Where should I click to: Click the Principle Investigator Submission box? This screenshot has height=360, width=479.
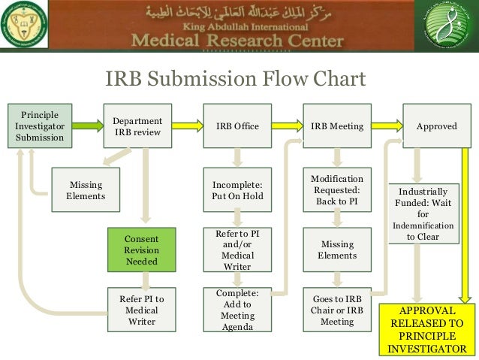(x=40, y=126)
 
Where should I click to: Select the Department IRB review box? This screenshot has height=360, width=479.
(x=137, y=126)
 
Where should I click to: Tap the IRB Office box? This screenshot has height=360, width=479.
(x=237, y=126)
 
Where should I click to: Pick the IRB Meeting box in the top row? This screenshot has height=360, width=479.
(x=337, y=126)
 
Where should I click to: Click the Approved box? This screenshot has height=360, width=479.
(x=436, y=126)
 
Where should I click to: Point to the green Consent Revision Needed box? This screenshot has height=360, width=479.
(x=141, y=250)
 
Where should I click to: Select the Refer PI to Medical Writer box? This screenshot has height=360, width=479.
(x=141, y=310)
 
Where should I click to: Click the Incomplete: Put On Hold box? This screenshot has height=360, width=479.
(x=237, y=190)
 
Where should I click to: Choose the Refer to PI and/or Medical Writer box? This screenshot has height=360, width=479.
(x=237, y=250)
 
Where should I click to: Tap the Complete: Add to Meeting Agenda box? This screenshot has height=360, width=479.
(x=237, y=310)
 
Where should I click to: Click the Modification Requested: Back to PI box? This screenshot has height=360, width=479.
(x=337, y=190)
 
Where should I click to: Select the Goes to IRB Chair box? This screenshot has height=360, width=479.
(x=337, y=310)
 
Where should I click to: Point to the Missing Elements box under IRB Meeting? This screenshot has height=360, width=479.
(x=337, y=250)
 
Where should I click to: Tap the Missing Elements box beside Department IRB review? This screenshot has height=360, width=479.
(x=86, y=190)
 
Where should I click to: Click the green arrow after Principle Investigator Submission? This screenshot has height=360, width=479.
(x=88, y=126)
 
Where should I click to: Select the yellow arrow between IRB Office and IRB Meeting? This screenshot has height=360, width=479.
(x=287, y=126)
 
